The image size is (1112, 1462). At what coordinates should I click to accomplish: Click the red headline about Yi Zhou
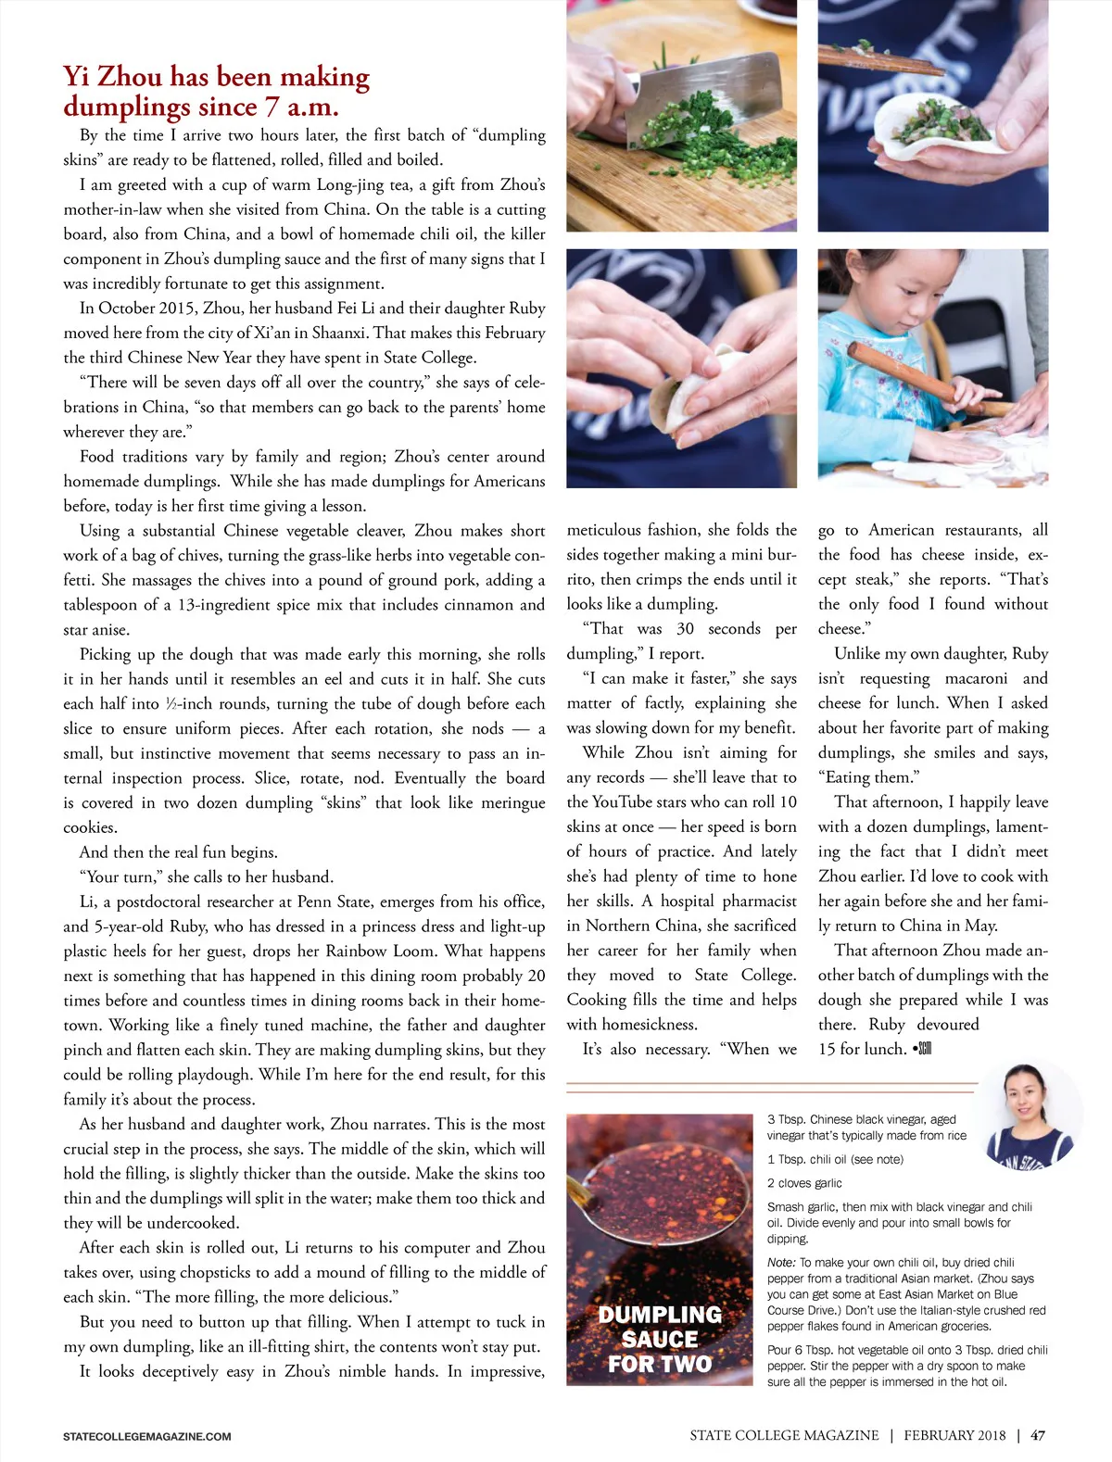(x=216, y=91)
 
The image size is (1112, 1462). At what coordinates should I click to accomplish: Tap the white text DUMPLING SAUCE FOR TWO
(x=660, y=1339)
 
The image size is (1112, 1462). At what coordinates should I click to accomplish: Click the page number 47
(x=1038, y=1435)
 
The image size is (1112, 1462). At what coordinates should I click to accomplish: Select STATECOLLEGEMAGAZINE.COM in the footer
(x=147, y=1436)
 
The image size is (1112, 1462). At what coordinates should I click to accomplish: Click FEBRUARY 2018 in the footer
(x=954, y=1435)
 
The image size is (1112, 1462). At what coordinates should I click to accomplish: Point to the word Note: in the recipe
(x=781, y=1262)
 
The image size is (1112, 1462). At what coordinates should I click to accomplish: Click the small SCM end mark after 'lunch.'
(x=922, y=1049)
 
